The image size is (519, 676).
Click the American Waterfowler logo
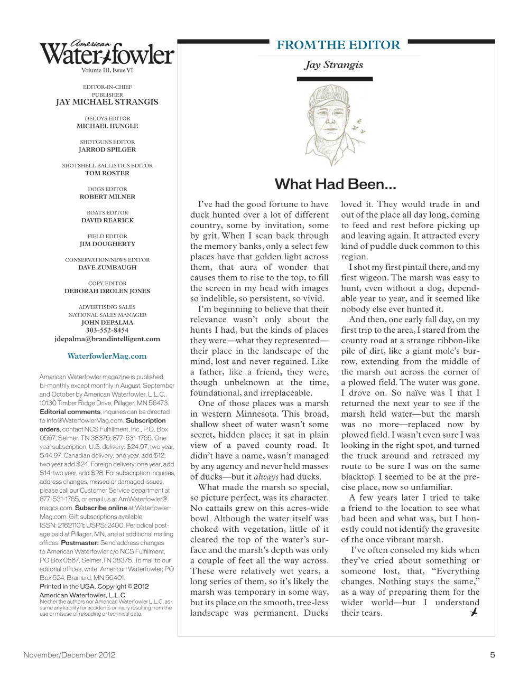point(107,53)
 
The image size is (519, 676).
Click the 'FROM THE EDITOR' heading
point(338,45)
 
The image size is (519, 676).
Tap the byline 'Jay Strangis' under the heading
point(333,65)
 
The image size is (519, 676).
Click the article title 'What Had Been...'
point(335,184)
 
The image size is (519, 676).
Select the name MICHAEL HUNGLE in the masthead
point(107,126)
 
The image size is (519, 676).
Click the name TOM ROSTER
point(107,173)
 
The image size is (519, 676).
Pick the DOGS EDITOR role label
point(107,189)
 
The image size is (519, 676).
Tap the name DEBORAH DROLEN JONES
point(107,291)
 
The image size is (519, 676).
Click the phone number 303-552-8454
point(107,331)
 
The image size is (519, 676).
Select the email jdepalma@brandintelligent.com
point(107,339)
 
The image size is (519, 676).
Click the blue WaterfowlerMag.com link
point(107,356)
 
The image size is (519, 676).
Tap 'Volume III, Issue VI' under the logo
point(107,70)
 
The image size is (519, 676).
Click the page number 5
point(492,655)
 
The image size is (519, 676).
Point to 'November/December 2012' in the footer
point(69,655)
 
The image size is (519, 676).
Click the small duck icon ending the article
point(474,612)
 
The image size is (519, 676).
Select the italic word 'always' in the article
point(266,477)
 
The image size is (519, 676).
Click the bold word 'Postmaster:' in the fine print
point(80,542)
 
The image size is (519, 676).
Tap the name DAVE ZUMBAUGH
point(107,267)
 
